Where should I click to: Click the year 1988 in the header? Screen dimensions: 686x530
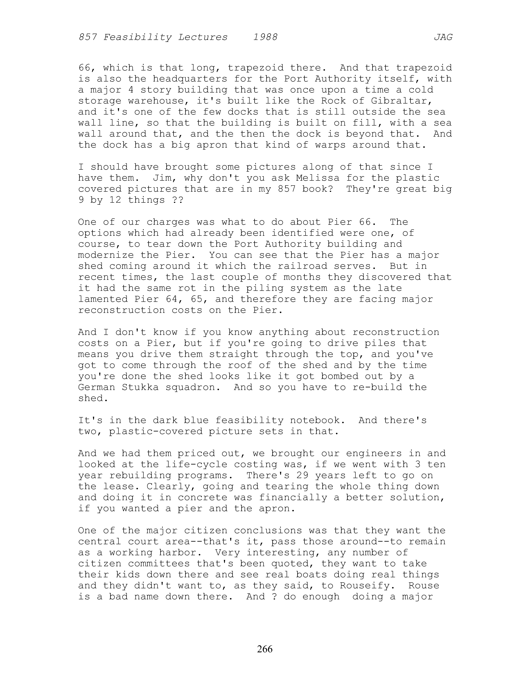(x=265, y=37)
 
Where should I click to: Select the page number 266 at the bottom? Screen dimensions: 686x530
(x=265, y=649)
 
